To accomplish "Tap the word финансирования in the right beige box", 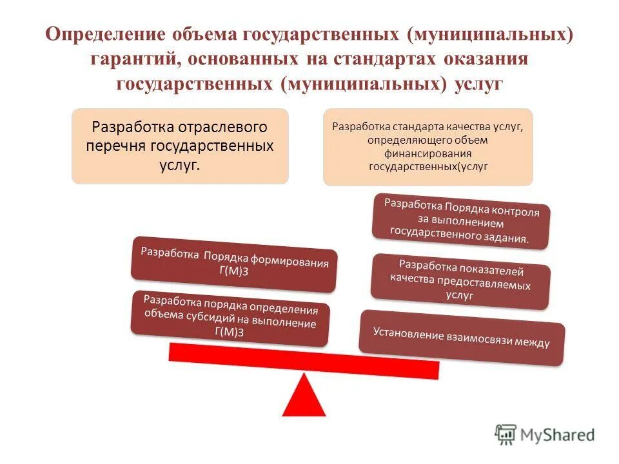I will point(428,153).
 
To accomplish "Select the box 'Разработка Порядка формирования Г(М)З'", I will point(233,265).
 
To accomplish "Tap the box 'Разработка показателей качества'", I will point(461,280).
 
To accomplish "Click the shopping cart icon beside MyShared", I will point(506,434).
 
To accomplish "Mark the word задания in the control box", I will point(507,238).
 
